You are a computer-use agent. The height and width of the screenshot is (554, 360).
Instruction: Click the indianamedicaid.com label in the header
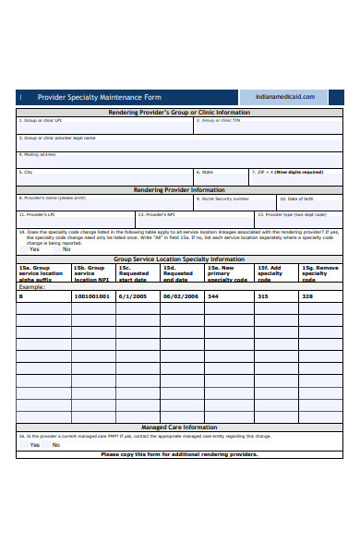(291, 97)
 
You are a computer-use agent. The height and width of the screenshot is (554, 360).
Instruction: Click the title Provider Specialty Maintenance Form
(99, 97)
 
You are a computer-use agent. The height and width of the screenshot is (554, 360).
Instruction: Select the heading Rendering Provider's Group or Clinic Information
(179, 113)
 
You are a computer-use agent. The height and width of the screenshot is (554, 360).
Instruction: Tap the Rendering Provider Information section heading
(179, 190)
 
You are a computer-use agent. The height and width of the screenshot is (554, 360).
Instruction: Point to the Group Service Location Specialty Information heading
(179, 259)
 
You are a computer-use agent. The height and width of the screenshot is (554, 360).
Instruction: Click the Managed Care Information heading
(179, 428)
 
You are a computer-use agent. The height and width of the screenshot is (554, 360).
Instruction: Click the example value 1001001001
(91, 296)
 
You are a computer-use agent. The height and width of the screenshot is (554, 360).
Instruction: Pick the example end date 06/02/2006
(180, 296)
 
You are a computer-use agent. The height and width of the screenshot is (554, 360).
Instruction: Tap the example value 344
(213, 296)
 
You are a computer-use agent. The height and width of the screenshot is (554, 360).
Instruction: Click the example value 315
(262, 296)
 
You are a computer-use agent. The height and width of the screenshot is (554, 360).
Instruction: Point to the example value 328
(307, 296)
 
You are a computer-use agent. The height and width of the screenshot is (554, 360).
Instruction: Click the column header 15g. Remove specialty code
(319, 273)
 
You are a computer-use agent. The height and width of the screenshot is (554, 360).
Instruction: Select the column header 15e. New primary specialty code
(227, 273)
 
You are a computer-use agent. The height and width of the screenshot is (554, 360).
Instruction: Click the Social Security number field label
(225, 199)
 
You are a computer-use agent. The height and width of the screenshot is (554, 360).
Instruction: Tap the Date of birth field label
(300, 199)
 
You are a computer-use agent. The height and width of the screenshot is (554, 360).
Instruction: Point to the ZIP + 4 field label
(288, 172)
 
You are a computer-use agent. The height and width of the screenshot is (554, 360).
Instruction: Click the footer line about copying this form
(179, 454)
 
